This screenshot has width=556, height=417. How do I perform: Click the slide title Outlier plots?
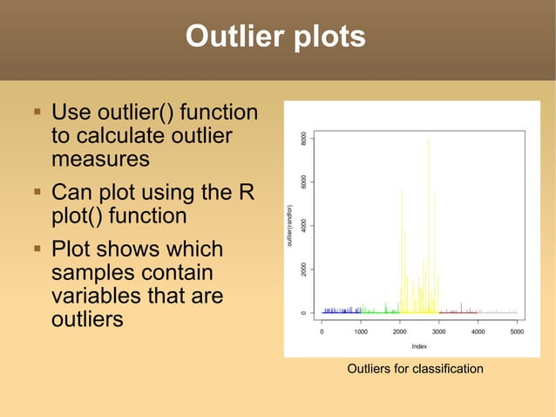[275, 37]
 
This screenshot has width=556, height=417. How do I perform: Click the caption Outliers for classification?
[415, 369]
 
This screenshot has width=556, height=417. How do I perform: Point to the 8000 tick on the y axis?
[303, 139]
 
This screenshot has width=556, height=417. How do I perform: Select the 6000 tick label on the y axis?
[303, 181]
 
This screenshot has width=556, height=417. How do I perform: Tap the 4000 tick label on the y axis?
[303, 225]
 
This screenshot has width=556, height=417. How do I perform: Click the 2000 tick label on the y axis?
[303, 269]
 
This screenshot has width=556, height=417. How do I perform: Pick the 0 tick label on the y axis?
[303, 312]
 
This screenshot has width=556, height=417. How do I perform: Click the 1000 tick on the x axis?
[361, 332]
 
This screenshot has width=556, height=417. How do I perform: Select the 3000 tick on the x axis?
[438, 332]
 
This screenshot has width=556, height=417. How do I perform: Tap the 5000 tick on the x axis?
[517, 332]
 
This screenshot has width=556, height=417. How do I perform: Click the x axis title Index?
[419, 345]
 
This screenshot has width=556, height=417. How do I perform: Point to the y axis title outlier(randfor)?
[290, 225]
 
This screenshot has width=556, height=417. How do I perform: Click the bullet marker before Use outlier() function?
[37, 113]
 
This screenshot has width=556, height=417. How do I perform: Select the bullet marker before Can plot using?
[37, 190]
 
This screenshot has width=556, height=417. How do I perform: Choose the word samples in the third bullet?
[98, 273]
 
